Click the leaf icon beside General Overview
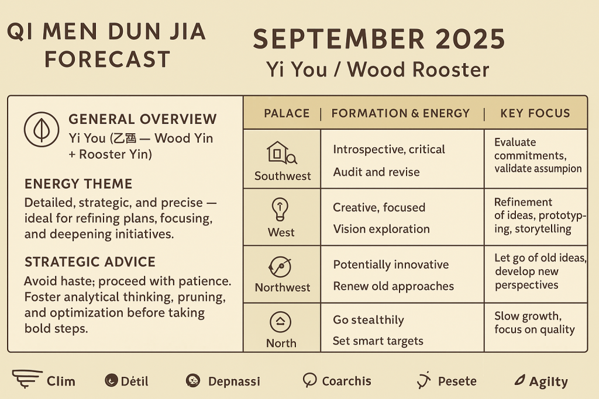[42, 129]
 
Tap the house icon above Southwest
[281, 152]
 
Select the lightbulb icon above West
[280, 209]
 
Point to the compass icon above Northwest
[280, 266]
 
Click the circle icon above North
[280, 321]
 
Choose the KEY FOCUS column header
[535, 113]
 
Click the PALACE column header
[287, 113]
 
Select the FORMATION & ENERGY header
[400, 113]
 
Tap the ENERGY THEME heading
[78, 184]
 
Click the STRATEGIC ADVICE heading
[90, 262]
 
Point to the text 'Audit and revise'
[376, 172]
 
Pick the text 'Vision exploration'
[381, 229]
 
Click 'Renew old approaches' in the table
[394, 286]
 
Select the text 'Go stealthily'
[369, 320]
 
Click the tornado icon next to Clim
[27, 379]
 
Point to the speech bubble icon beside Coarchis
[309, 380]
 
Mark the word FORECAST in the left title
[108, 60]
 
